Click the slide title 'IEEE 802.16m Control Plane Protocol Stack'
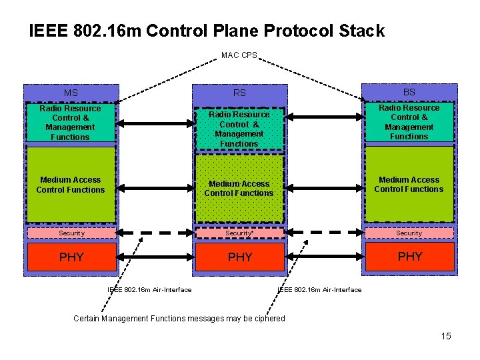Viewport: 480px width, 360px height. (207, 31)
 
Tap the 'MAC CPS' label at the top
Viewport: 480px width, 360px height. (239, 55)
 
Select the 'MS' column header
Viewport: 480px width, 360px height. (71, 93)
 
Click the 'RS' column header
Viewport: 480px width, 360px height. (239, 93)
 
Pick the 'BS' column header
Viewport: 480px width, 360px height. (409, 92)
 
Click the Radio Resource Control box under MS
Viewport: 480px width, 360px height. (70, 123)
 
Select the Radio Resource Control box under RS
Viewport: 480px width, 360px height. (239, 129)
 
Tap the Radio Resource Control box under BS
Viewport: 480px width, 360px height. (409, 122)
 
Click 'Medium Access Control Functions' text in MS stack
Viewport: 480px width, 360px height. (71, 185)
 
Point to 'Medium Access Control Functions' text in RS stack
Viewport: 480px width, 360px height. (239, 189)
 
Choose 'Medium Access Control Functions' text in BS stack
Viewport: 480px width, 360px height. (409, 184)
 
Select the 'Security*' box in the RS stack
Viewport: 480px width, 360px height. (239, 233)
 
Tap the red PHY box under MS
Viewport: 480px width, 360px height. (71, 257)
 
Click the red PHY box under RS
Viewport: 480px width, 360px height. (240, 257)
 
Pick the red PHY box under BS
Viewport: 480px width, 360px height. (409, 256)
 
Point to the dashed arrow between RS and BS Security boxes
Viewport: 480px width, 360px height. (324, 233)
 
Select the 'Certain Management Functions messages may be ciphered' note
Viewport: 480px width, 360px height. (179, 319)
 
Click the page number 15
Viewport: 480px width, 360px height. (446, 336)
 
